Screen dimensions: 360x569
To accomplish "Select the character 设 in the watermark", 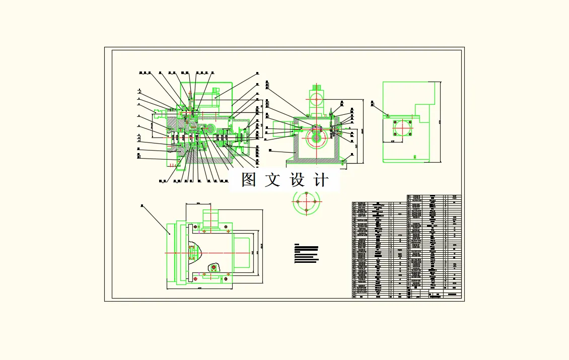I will [x=298, y=180].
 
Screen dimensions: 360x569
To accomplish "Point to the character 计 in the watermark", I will [x=321, y=180].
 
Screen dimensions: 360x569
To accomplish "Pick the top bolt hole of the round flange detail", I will [x=306, y=193].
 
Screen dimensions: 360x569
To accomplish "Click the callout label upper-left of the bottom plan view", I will [x=142, y=206].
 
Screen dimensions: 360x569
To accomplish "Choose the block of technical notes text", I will [x=306, y=254].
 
